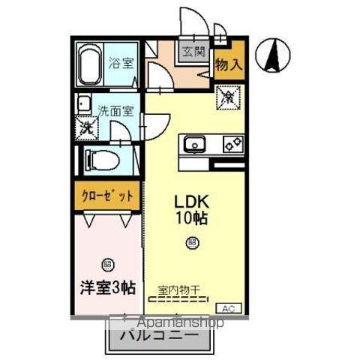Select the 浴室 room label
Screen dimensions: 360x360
(122, 64)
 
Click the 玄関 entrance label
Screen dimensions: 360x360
(193, 52)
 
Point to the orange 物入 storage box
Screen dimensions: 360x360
(228, 64)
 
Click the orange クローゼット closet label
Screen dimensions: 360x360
(108, 196)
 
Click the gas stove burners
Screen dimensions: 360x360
(231, 142)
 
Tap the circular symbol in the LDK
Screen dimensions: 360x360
(192, 242)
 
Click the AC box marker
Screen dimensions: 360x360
(229, 308)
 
